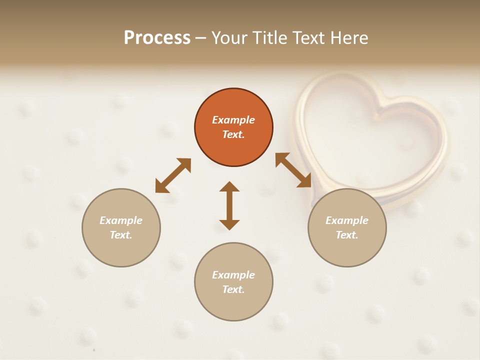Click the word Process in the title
click(x=157, y=38)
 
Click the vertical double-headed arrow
click(x=229, y=205)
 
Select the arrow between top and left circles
click(x=173, y=175)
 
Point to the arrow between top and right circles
click(x=293, y=170)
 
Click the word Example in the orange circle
click(x=233, y=120)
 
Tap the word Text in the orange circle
click(x=233, y=134)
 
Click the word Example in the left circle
click(x=121, y=220)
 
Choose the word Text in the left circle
click(x=121, y=235)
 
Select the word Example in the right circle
click(x=347, y=220)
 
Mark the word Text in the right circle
click(x=347, y=235)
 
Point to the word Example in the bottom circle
click(x=233, y=275)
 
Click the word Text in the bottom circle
click(x=233, y=289)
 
